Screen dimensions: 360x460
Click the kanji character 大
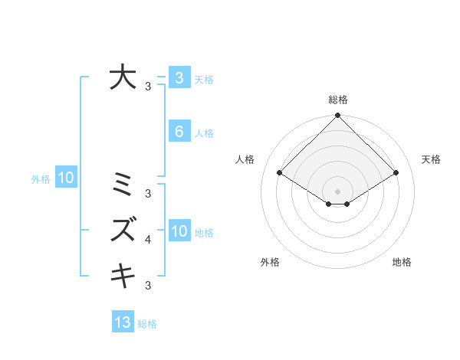coord(123,77)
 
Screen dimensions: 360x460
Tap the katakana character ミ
coord(123,185)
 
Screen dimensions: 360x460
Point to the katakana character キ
coord(123,274)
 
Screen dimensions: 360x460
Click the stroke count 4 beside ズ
coord(148,241)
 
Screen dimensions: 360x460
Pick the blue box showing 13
coord(123,322)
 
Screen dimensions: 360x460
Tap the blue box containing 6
coord(179,132)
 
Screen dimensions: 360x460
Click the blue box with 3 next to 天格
coord(179,77)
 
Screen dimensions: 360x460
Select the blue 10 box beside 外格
coord(66,178)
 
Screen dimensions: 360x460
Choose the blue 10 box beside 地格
coord(179,231)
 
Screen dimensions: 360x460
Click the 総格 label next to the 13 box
coord(147,324)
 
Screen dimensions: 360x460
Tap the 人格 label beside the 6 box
coord(204,133)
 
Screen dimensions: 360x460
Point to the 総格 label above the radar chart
coord(337,100)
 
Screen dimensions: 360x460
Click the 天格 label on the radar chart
coord(431,159)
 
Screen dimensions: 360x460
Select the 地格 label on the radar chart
coord(402,263)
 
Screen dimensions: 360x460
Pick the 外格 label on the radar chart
coord(269,263)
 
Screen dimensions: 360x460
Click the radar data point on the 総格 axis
coord(337,116)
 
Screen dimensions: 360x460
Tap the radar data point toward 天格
coord(396,172)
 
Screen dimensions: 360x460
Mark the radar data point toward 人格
coord(279,172)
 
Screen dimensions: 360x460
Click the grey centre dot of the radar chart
coord(337,191)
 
